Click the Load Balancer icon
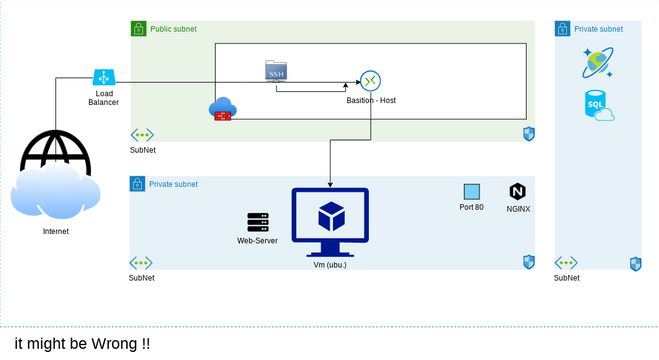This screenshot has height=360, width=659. (103, 78)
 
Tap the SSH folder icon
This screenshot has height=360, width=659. (276, 71)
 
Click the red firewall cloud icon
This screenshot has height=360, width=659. (222, 110)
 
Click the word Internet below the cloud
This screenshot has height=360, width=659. (56, 231)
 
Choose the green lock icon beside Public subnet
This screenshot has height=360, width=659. (139, 29)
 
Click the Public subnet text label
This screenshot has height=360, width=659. (174, 30)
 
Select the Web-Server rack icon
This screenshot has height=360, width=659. (258, 222)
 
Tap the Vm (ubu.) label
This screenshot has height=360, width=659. (329, 265)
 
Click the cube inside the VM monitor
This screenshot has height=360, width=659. (330, 216)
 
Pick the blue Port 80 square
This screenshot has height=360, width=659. (472, 191)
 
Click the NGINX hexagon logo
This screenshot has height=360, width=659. (517, 191)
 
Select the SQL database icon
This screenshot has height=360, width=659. (598, 105)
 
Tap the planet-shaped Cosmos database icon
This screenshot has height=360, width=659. (598, 64)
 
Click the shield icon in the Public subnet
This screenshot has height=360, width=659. (529, 134)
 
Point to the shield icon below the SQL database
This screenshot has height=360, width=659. (635, 264)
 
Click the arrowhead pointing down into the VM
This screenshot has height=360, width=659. (330, 184)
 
